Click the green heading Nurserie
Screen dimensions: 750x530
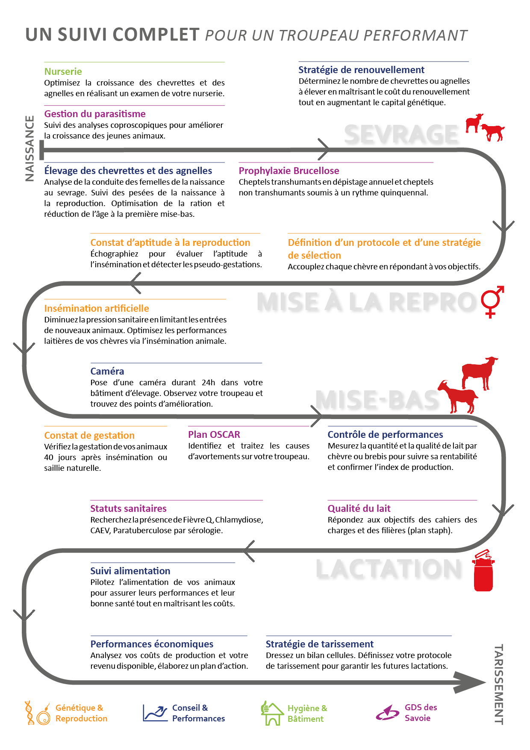(x=63, y=71)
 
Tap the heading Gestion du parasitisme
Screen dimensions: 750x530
(x=95, y=114)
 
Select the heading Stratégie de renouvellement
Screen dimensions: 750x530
(x=361, y=70)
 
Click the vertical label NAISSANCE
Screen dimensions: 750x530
(x=29, y=148)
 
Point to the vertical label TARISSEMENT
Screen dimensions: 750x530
(x=498, y=684)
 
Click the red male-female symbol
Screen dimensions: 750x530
(x=492, y=301)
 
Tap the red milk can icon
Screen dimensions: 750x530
(x=483, y=571)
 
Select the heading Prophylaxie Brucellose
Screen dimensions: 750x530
(x=289, y=171)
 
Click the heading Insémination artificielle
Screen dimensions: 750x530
(x=97, y=308)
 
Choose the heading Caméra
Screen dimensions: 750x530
(x=107, y=371)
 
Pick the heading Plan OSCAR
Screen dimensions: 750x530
(x=214, y=434)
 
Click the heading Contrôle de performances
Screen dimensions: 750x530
(x=385, y=434)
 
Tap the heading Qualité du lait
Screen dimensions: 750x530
(x=359, y=508)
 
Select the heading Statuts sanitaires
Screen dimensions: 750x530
(x=128, y=508)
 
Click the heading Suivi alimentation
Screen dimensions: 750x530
(x=130, y=571)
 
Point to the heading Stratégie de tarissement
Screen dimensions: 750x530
(x=320, y=644)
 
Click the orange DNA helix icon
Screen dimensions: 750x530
(x=29, y=713)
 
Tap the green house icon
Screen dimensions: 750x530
(x=272, y=713)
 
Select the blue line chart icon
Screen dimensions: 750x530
(x=155, y=713)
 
